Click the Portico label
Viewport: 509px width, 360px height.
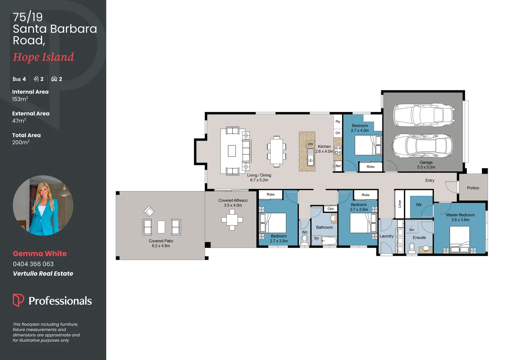tap(473, 188)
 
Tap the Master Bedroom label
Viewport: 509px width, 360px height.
tap(460, 215)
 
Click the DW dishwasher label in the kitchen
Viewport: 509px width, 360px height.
tap(310, 144)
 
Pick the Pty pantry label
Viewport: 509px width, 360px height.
tap(338, 122)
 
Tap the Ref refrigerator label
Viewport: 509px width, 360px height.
tap(338, 166)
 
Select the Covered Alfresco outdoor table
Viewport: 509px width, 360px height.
tap(232, 220)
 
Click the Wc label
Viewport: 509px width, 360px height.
tap(304, 232)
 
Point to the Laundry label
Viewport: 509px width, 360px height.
tap(386, 236)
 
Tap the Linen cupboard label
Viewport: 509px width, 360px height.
tap(400, 204)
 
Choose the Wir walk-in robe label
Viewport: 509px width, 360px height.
tap(419, 205)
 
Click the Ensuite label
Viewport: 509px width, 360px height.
tap(419, 238)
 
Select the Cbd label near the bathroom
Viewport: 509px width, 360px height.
tap(330, 209)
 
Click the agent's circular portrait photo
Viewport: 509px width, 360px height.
tap(43, 206)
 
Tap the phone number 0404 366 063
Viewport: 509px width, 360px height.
tap(33, 264)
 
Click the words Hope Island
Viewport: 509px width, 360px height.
tap(43, 57)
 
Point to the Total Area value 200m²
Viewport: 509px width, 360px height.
tap(21, 142)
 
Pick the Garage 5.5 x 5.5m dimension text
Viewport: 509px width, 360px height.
tap(426, 167)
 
